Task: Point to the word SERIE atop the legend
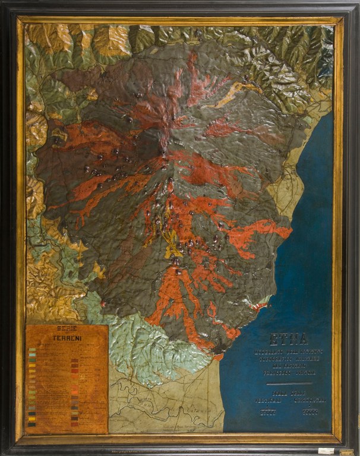pyautogui.click(x=66, y=328)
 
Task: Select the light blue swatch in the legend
pyautogui.click(x=32, y=356)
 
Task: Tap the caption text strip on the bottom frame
pyautogui.click(x=178, y=444)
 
